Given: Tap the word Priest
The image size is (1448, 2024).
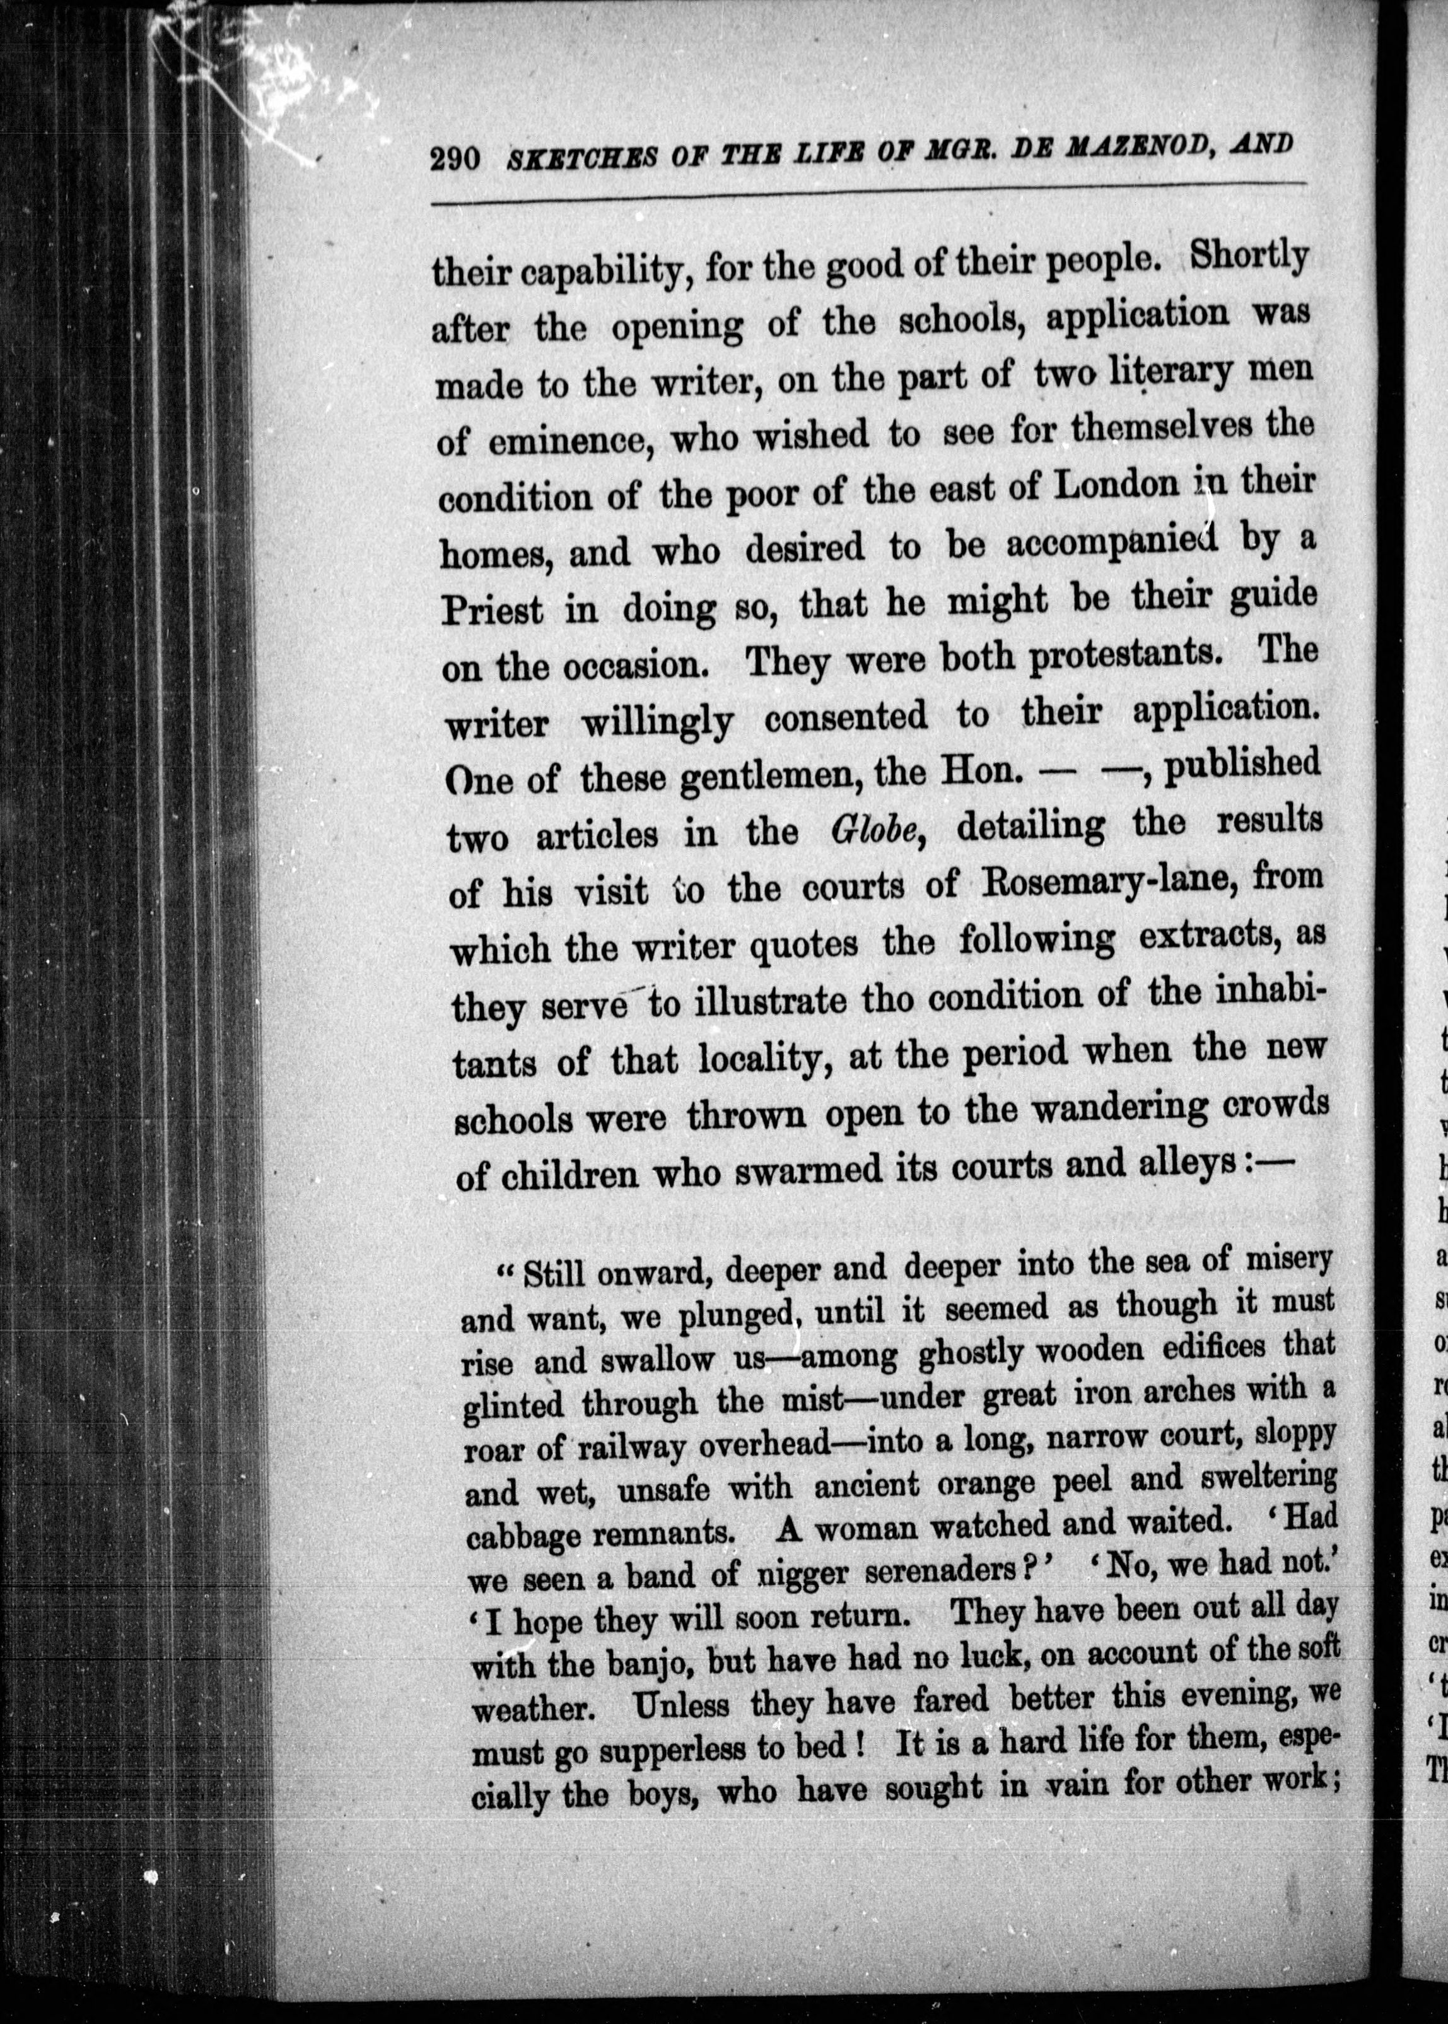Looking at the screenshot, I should coord(491,611).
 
